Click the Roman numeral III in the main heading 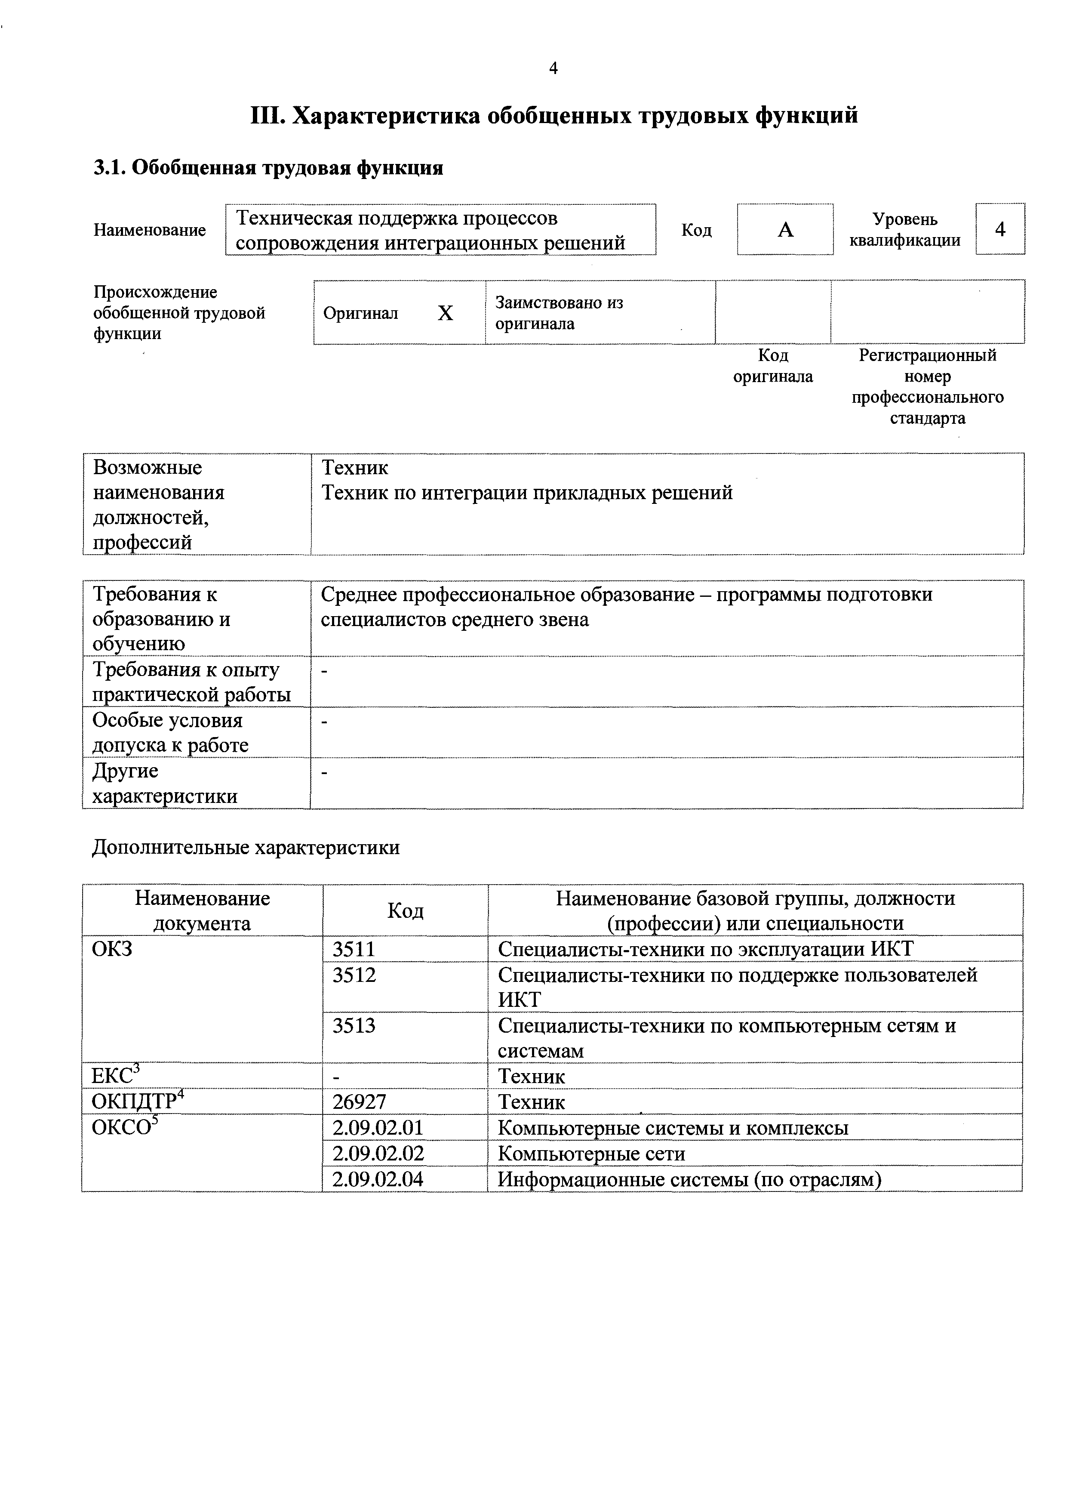[266, 116]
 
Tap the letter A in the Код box [785, 229]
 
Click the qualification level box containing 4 [999, 229]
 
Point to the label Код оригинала [773, 366]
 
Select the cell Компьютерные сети [591, 1154]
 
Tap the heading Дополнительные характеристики [246, 848]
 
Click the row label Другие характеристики [164, 784]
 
